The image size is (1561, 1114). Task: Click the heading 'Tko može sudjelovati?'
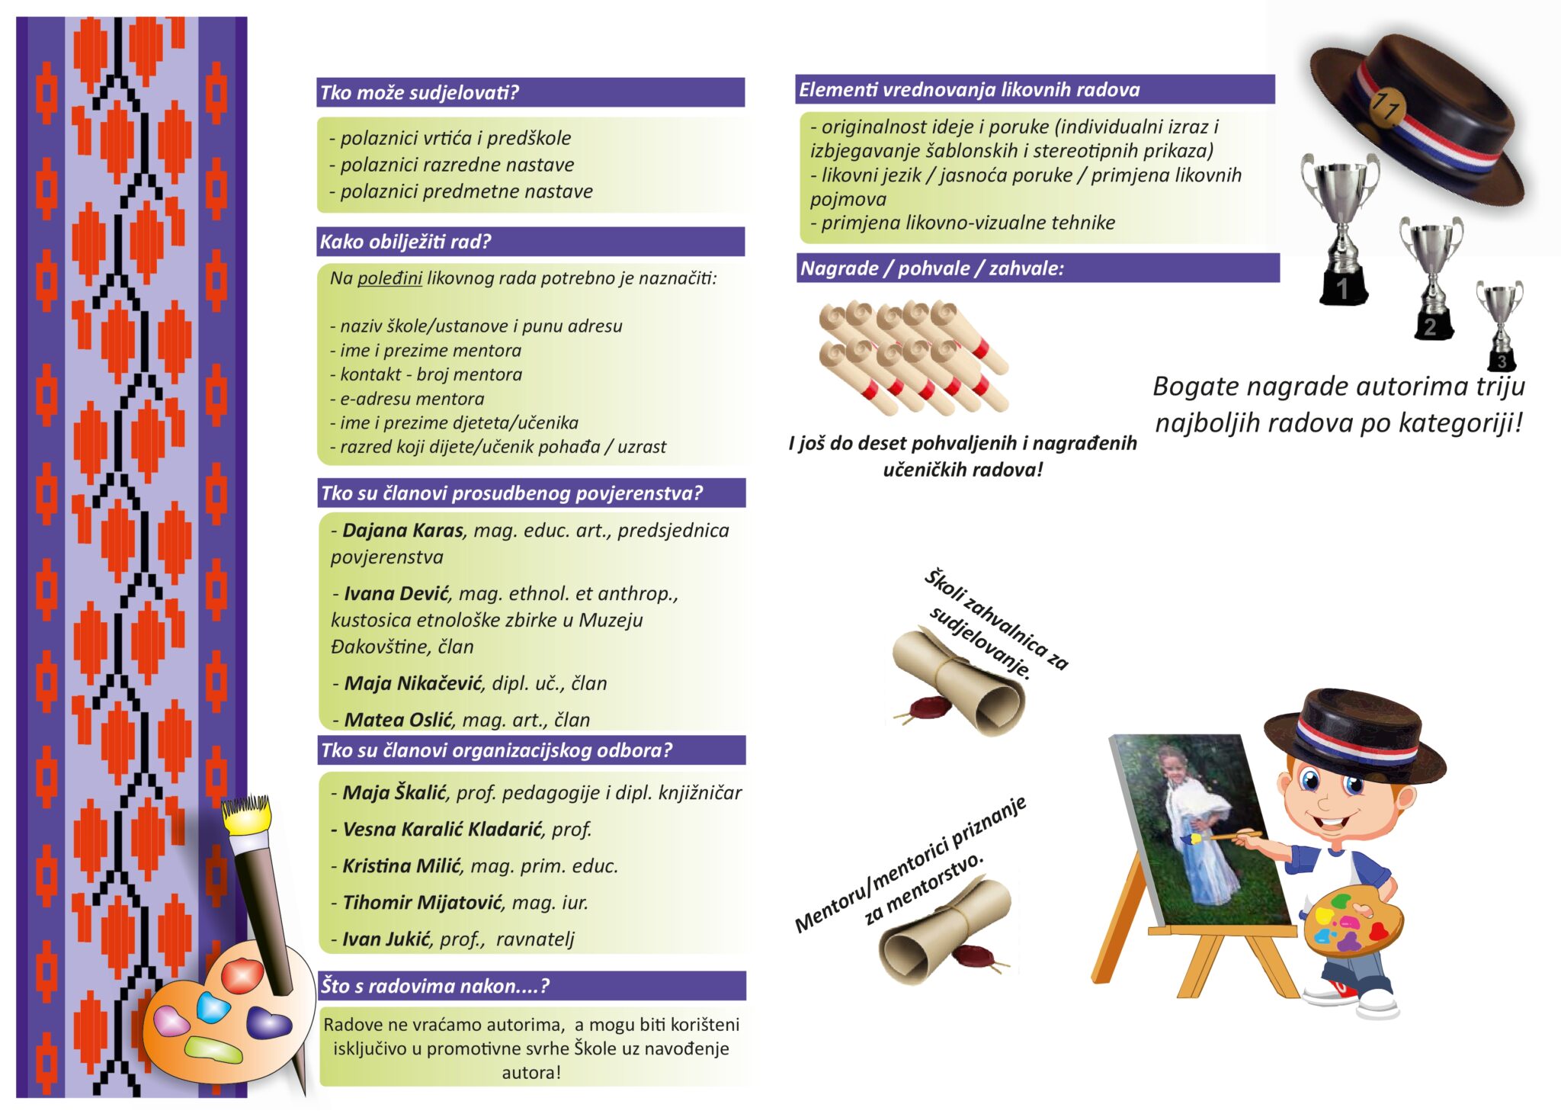tap(419, 92)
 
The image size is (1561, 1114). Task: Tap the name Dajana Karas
tap(402, 530)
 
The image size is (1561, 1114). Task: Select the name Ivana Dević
tap(396, 593)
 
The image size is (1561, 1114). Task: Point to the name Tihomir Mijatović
tap(422, 902)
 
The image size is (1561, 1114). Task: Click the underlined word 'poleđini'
tap(389, 278)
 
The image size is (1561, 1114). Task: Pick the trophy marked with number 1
tap(1341, 229)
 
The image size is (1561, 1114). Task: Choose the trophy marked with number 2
tap(1431, 278)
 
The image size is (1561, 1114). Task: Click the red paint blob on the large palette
tap(242, 975)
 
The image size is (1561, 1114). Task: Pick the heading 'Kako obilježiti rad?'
tap(405, 242)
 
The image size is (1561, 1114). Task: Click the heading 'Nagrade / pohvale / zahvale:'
tap(931, 268)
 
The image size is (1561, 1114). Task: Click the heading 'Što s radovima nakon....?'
tap(434, 986)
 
